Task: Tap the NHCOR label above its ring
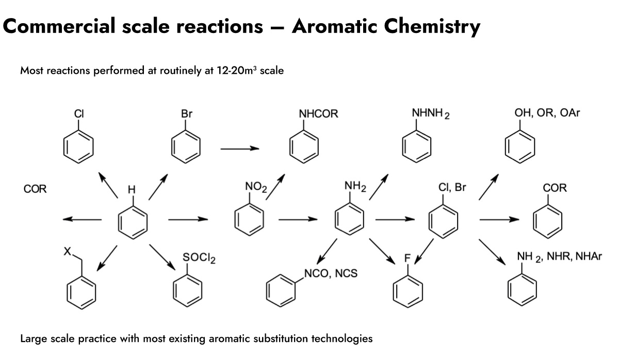(x=318, y=114)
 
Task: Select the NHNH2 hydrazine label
(x=431, y=114)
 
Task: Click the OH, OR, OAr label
(x=547, y=113)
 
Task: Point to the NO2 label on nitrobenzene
(x=255, y=187)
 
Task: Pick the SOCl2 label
(x=199, y=258)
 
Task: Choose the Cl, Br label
(x=452, y=188)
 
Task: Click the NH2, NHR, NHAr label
(x=560, y=256)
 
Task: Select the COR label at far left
(x=35, y=189)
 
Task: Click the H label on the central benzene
(x=132, y=190)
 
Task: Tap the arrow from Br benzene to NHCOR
(x=239, y=149)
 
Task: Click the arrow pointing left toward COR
(x=82, y=219)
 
